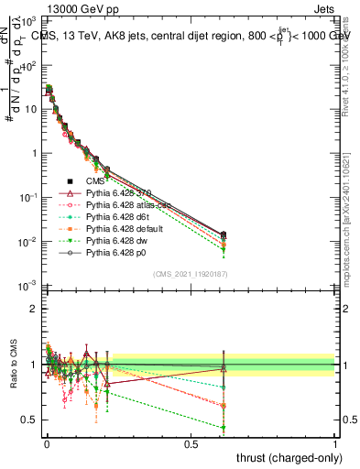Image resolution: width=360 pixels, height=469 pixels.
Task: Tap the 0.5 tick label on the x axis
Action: tap(191, 444)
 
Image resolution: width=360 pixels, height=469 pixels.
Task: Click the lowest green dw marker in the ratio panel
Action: tap(223, 428)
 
